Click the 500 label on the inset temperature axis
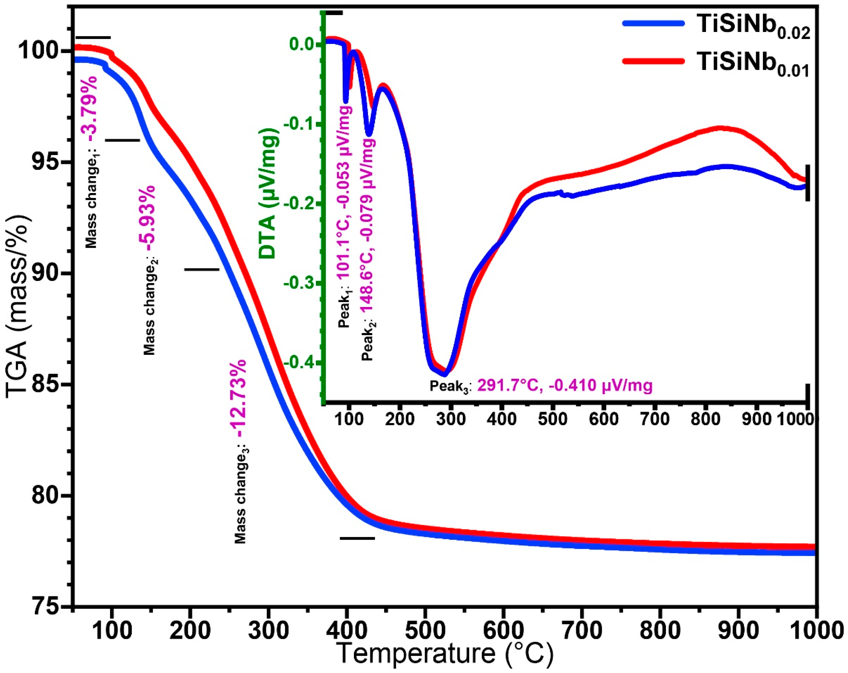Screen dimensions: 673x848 [553, 419]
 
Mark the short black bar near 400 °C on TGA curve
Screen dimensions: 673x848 [357, 538]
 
